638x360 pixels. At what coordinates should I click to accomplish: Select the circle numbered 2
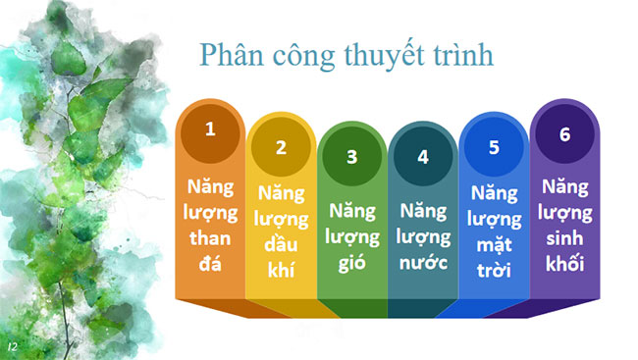(281, 148)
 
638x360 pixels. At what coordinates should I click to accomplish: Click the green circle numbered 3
(352, 156)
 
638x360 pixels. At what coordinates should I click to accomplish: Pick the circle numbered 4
(423, 156)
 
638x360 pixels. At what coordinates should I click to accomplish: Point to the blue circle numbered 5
(494, 148)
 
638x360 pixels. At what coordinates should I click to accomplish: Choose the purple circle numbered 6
(564, 134)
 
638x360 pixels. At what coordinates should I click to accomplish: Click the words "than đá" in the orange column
(209, 250)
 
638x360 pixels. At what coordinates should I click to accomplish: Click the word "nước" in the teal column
(423, 263)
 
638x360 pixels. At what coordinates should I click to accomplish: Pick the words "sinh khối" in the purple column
(564, 251)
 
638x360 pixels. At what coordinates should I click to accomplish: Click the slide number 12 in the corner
(12, 346)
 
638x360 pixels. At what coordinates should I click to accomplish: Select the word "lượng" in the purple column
(564, 211)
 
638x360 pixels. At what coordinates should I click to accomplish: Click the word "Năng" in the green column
(352, 210)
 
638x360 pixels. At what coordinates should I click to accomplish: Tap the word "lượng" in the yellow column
(281, 217)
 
